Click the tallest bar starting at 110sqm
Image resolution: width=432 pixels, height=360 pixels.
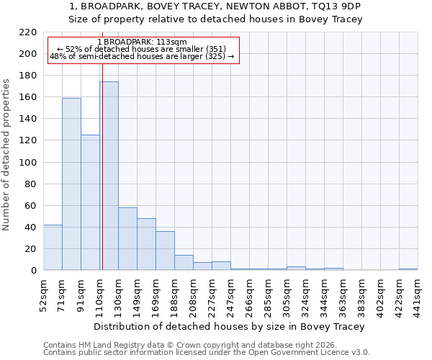point(109,176)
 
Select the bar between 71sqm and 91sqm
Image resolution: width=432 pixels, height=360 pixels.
point(71,184)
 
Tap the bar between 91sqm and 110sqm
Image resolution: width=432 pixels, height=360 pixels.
point(90,202)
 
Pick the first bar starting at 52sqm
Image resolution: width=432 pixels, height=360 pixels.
point(53,247)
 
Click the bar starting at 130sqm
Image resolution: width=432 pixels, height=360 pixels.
point(127,238)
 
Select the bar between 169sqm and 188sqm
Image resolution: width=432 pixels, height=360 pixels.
point(165,251)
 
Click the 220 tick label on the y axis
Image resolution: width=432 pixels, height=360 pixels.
point(27,32)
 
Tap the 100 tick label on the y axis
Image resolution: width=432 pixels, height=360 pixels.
point(27,162)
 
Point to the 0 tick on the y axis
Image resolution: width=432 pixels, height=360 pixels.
point(34,271)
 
